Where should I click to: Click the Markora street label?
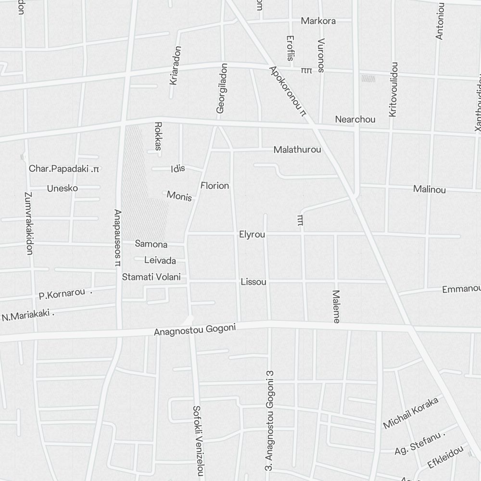tap(318, 21)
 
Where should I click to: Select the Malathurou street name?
tap(297, 150)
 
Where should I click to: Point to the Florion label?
tap(215, 186)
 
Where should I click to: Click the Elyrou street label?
tap(252, 235)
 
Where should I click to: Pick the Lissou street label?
tap(253, 282)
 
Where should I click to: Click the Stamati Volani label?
tap(151, 277)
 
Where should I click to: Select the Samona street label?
tap(151, 244)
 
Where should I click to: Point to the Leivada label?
tap(160, 261)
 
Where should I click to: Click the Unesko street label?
tap(62, 188)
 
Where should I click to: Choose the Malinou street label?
tap(429, 190)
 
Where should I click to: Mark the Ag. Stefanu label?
tap(419, 444)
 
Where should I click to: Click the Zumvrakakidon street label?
tap(28, 223)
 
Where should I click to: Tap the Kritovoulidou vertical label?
tap(393, 89)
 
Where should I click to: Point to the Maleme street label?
tap(336, 306)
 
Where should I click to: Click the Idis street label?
tap(177, 169)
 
